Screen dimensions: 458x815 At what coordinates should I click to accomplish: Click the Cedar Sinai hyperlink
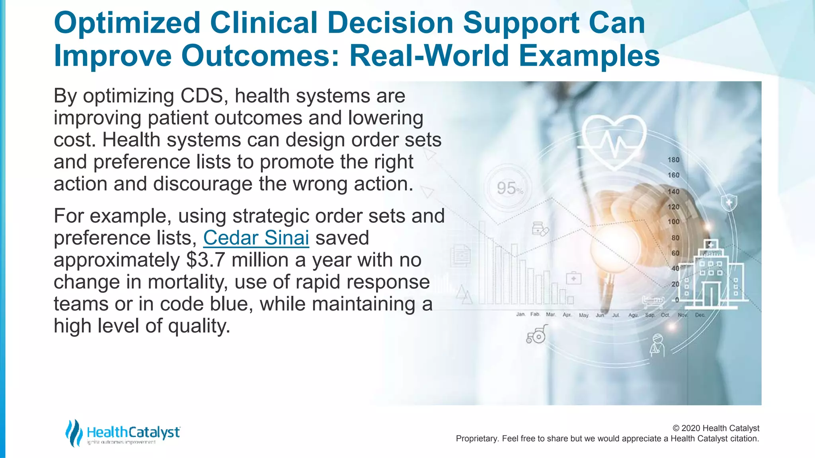(x=256, y=238)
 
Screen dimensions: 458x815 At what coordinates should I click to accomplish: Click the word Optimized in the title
(x=127, y=23)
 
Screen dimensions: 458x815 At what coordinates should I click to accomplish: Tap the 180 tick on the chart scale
(x=673, y=160)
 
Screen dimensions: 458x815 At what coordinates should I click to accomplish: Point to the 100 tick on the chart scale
(x=673, y=221)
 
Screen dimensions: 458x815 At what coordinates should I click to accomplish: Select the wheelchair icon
(x=536, y=334)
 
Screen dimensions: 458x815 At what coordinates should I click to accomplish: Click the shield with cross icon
(x=729, y=203)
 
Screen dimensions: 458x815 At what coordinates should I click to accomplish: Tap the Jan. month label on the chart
(x=521, y=314)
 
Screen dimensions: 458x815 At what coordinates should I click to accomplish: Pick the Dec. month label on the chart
(x=700, y=315)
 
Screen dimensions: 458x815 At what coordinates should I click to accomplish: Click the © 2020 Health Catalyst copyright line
(x=716, y=428)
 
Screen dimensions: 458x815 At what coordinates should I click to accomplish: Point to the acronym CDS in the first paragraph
(x=202, y=96)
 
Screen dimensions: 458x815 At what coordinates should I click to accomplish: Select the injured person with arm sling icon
(x=657, y=345)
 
